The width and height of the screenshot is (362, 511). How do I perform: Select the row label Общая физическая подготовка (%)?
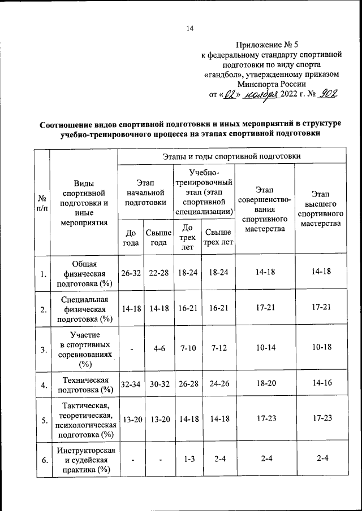point(84,273)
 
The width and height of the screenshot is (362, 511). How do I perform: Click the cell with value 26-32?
point(130,273)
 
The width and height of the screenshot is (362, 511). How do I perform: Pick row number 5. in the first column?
point(43,421)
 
